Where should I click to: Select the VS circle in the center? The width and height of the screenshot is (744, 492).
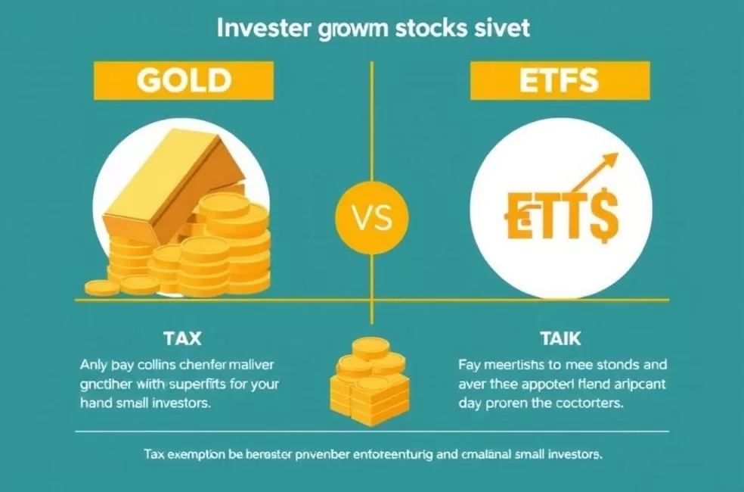[x=372, y=218]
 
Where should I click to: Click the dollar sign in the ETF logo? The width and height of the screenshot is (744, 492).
[x=604, y=215]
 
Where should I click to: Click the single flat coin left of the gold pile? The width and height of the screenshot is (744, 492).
[x=101, y=288]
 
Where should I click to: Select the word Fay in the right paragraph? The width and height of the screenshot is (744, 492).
[x=469, y=363]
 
